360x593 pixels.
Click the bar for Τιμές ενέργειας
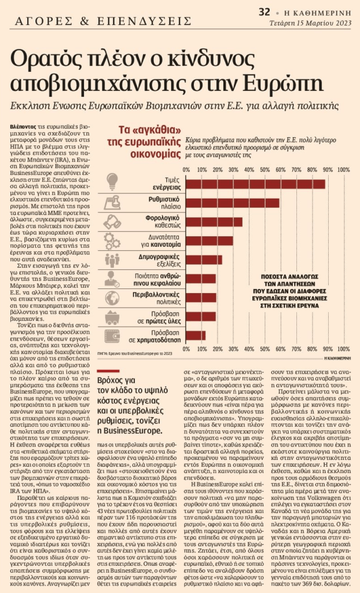click(x=255, y=184)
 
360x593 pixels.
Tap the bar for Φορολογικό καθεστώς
click(x=213, y=222)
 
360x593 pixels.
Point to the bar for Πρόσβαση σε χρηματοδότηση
click(x=194, y=335)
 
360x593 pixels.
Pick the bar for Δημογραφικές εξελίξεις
click(x=203, y=259)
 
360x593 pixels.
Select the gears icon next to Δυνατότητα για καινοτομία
click(x=112, y=240)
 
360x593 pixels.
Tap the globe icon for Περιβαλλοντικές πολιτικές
click(x=112, y=297)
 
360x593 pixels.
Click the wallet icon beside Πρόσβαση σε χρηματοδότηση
click(x=112, y=335)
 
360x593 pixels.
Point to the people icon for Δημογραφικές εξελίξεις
click(x=112, y=259)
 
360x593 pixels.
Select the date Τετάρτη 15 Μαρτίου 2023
click(x=311, y=23)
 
